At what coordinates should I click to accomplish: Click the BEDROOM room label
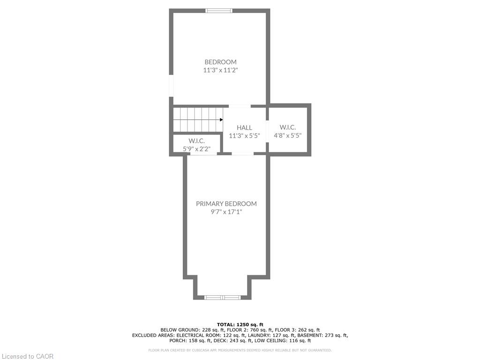[220, 62]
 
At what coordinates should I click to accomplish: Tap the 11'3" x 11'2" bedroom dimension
[220, 70]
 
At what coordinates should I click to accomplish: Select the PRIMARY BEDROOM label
[226, 203]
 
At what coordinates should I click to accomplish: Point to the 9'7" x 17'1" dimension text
[226, 212]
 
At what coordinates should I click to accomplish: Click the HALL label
[244, 127]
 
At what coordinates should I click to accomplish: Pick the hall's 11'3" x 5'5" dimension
[244, 135]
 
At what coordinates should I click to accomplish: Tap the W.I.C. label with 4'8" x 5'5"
[288, 127]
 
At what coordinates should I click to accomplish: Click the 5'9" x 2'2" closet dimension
[196, 149]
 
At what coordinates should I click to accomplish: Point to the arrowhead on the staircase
[221, 120]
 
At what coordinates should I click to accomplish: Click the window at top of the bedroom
[219, 11]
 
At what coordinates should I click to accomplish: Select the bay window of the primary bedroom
[223, 297]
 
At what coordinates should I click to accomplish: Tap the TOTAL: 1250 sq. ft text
[240, 324]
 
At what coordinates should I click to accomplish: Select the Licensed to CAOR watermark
[28, 356]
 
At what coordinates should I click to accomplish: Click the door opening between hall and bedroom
[240, 106]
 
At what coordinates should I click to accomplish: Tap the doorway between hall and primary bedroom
[242, 153]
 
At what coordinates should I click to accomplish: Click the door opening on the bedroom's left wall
[172, 86]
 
